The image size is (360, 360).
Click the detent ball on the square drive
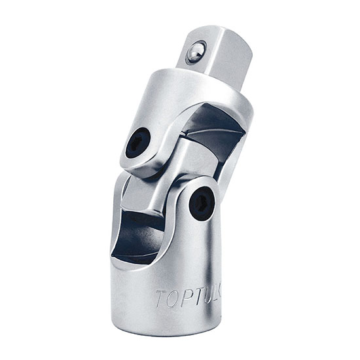(195, 52)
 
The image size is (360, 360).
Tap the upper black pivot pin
(138, 141)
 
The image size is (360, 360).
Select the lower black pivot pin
(201, 203)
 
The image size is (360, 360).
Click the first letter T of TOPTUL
(160, 298)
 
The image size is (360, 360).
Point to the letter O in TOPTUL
(171, 298)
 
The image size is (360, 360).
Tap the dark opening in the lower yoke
(137, 232)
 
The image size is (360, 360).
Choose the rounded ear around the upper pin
(139, 144)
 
